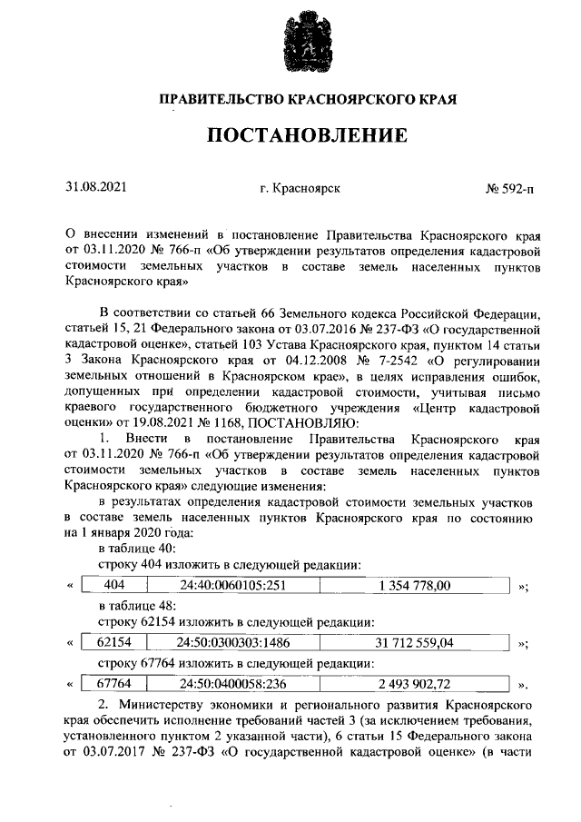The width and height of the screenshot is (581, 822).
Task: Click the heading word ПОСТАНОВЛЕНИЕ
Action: click(308, 137)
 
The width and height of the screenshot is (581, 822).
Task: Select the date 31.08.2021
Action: click(95, 187)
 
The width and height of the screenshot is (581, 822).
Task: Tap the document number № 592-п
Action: click(510, 188)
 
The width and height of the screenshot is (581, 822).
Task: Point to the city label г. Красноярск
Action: click(300, 188)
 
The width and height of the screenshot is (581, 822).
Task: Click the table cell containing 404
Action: click(114, 585)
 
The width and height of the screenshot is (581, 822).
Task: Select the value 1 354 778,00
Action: click(415, 585)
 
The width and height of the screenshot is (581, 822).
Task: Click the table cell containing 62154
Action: click(114, 642)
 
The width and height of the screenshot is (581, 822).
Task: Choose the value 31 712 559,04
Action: click(415, 642)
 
